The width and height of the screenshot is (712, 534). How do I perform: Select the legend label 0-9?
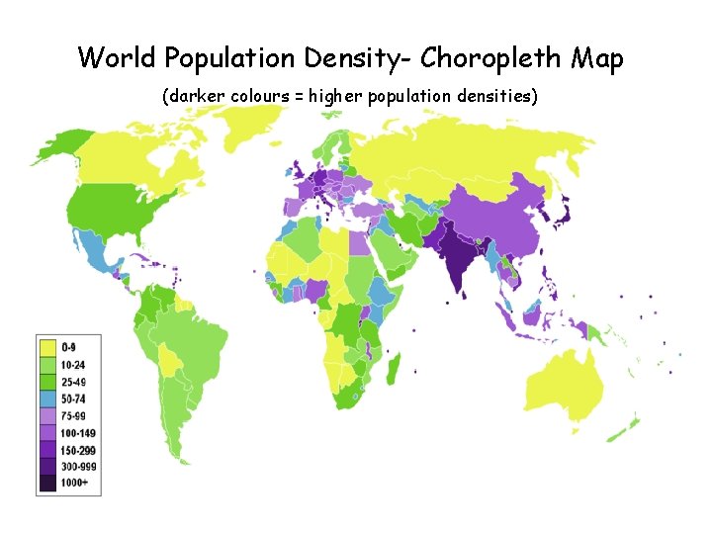coord(69,347)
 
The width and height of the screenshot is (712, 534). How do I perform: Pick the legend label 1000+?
coord(75,483)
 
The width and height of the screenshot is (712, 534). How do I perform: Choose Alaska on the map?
coord(55,149)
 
